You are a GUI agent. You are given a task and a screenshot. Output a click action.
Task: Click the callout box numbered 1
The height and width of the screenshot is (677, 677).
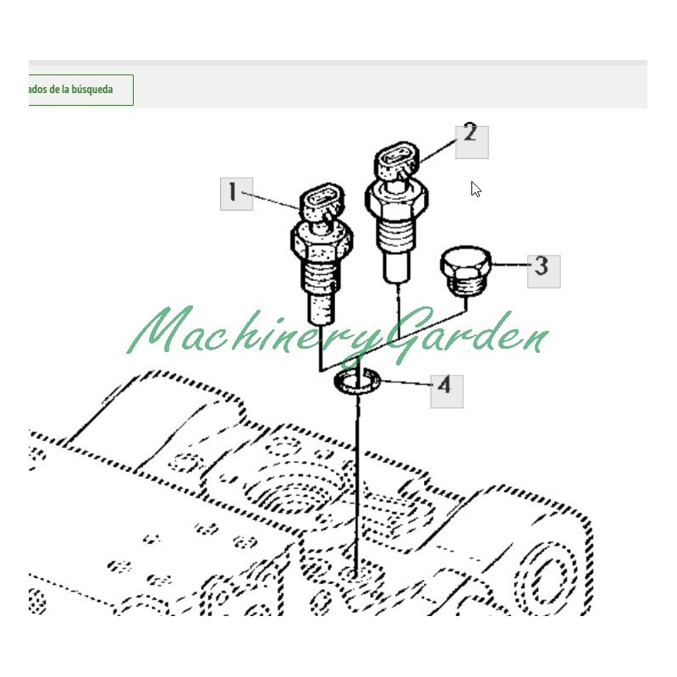coord(237,194)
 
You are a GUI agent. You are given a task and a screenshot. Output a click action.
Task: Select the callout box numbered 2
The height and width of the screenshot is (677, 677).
coord(472,142)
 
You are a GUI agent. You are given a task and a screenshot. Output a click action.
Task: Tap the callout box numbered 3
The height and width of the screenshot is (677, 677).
coord(544,271)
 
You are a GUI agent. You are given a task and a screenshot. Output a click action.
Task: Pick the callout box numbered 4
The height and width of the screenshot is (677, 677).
coord(447,391)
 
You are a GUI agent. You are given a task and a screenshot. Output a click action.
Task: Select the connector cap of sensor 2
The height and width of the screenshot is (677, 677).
coord(397,158)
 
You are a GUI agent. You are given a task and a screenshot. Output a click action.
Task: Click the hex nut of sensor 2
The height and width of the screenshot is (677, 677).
coord(396,198)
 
